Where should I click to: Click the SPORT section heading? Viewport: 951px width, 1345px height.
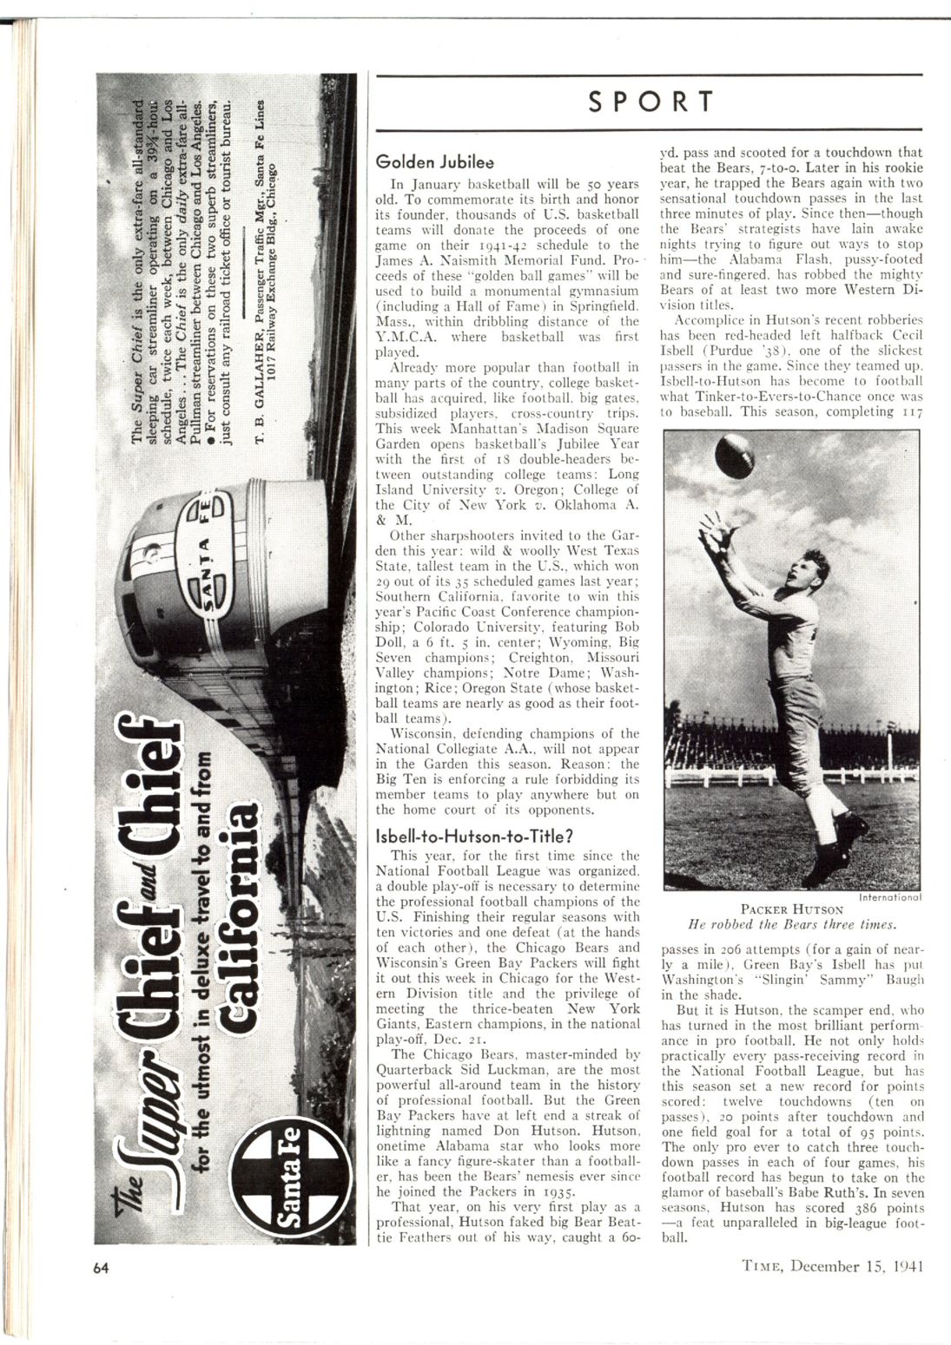[x=651, y=102]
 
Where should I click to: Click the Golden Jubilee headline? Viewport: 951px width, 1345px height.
[x=434, y=162]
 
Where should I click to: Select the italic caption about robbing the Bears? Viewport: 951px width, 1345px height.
[x=791, y=925]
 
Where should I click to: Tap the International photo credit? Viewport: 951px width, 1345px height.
[x=882, y=896]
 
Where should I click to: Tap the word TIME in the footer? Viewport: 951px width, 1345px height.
[x=765, y=1266]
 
